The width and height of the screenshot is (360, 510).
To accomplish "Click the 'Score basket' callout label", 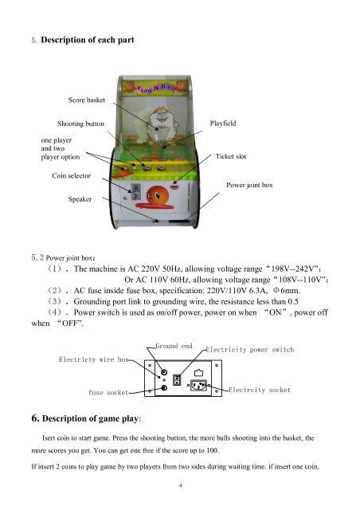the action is click(x=87, y=100).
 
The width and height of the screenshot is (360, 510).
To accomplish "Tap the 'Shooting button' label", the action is click(x=80, y=124).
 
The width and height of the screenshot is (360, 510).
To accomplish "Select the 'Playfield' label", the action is click(x=223, y=124).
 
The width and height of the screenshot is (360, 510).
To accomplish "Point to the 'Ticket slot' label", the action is click(x=231, y=156).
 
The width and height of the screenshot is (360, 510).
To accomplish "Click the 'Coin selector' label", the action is click(x=71, y=175).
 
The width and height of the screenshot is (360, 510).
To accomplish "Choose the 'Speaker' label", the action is click(x=80, y=199).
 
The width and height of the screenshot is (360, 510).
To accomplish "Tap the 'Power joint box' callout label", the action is click(x=249, y=185).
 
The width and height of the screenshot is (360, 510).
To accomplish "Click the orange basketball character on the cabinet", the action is click(x=157, y=196).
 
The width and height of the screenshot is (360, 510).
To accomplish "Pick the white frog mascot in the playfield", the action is click(x=162, y=124).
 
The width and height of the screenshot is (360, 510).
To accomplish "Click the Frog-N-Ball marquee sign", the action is click(x=155, y=87).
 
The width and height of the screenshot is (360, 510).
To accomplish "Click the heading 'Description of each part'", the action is click(x=88, y=40).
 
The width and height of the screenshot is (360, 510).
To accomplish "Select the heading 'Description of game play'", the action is click(x=91, y=418).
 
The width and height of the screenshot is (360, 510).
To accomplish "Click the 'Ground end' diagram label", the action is click(x=174, y=346).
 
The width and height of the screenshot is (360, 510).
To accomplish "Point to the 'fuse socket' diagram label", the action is click(x=108, y=393).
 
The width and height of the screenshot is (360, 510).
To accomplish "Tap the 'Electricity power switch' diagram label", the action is click(x=250, y=350).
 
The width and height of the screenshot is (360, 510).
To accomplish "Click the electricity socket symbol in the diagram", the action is click(x=198, y=386).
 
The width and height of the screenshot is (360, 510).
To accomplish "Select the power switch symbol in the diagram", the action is click(x=177, y=380).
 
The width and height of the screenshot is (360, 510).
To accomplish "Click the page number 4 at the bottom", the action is click(x=181, y=485).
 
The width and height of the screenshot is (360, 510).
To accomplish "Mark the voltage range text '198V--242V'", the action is click(x=292, y=269).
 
